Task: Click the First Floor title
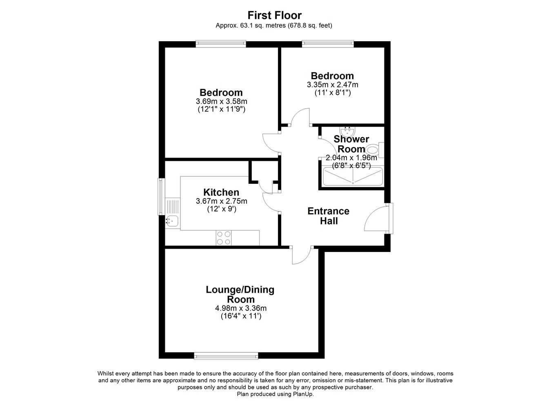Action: (274, 15)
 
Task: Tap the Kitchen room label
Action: (221, 192)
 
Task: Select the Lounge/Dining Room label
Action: (240, 294)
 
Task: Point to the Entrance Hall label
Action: (329, 216)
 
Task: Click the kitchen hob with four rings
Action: (224, 238)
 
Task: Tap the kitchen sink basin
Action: (172, 221)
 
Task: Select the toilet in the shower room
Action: (374, 150)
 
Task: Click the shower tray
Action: (353, 176)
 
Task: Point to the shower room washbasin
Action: (347, 131)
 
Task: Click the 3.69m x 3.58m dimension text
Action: (221, 101)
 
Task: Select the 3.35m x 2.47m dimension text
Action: (332, 85)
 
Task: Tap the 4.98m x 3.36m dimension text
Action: (241, 308)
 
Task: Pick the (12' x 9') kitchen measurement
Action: (222, 209)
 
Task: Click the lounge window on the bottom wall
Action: (226, 356)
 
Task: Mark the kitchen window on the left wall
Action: (161, 196)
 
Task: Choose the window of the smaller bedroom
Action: (328, 44)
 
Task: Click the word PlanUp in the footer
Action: (303, 394)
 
